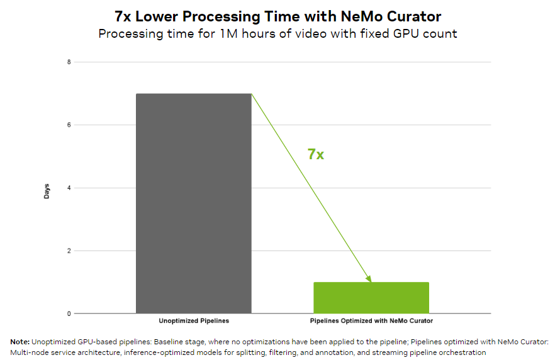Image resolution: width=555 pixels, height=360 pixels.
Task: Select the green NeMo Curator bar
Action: (x=371, y=298)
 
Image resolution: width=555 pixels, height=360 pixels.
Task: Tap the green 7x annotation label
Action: (x=315, y=154)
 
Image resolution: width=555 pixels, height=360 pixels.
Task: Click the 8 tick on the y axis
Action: (x=69, y=62)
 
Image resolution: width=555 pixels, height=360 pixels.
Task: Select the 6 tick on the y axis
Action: (x=69, y=125)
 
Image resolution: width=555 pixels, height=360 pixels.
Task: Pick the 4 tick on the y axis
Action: (x=69, y=188)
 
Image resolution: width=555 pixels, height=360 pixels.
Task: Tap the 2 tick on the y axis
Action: (x=69, y=250)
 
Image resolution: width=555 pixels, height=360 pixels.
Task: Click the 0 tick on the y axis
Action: (x=69, y=313)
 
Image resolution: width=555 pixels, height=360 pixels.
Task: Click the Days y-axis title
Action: (x=47, y=191)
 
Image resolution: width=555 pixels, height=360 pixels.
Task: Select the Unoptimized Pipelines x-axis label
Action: (x=194, y=321)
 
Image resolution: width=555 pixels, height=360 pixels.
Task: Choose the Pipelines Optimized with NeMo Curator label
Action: (x=371, y=321)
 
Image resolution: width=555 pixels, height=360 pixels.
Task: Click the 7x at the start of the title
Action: (x=124, y=16)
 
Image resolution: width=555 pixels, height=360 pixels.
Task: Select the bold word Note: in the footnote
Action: (x=20, y=341)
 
